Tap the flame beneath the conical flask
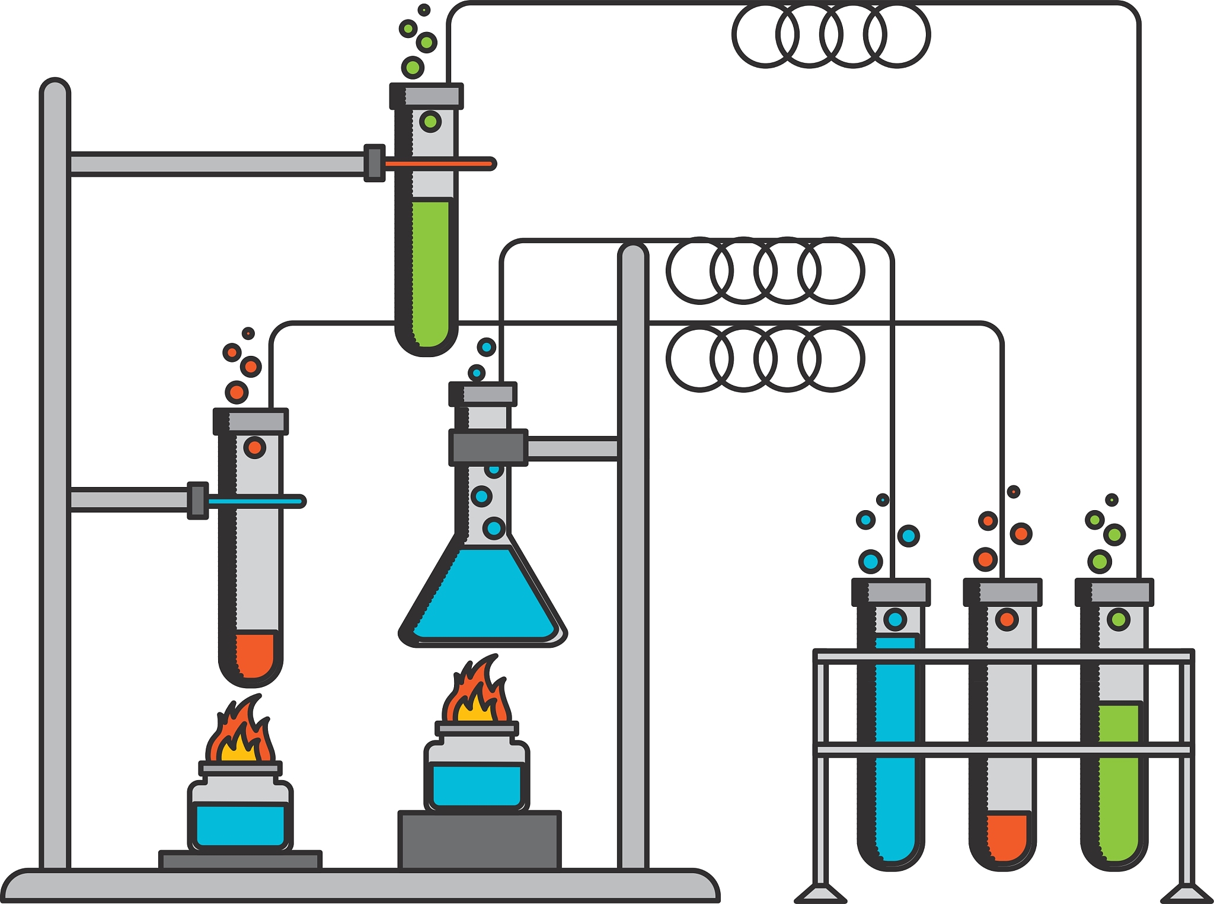[x=477, y=694]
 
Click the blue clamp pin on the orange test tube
[x=255, y=502]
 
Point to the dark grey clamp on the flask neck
[x=488, y=447]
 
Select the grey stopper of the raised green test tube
[x=427, y=96]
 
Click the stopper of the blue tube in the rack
[x=891, y=592]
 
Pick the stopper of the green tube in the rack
[x=1114, y=592]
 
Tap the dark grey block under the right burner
[x=480, y=840]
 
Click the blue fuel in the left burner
[x=240, y=825]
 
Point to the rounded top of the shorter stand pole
[x=633, y=255]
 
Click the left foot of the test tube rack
[x=820, y=892]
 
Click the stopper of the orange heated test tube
[x=251, y=421]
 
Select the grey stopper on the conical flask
[x=483, y=394]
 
